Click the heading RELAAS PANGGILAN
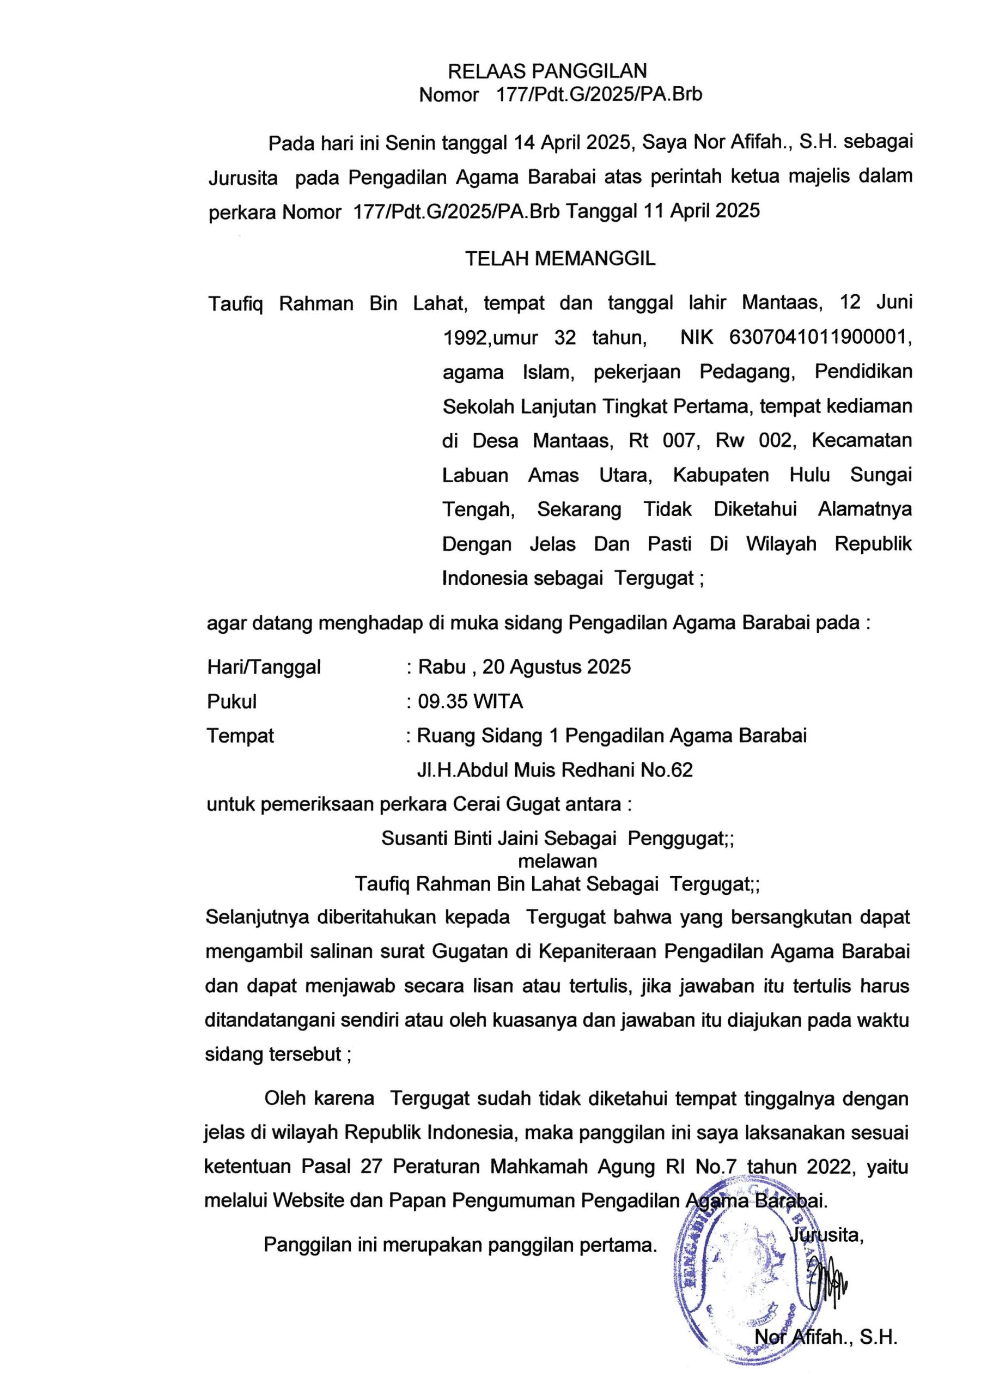[547, 72]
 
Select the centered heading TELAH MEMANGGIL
[560, 259]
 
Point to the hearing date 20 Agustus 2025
[556, 667]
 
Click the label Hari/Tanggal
[264, 668]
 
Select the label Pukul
[231, 701]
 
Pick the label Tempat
[240, 736]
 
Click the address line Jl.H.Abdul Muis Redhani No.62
[555, 770]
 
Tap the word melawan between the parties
[557, 861]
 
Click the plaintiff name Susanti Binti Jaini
[460, 838]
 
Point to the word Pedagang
[747, 372]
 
